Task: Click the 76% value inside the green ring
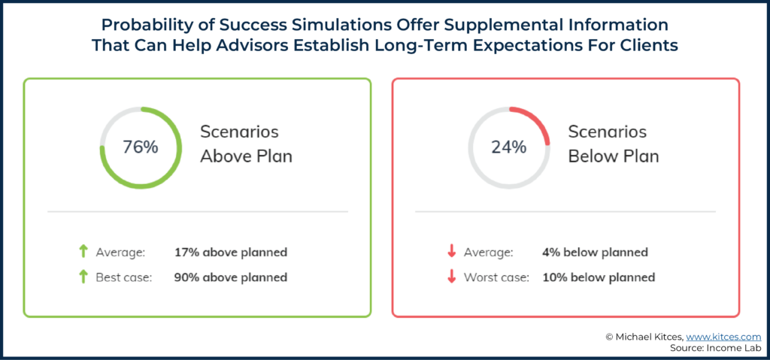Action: pos(141,147)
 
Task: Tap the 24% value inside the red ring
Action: pos(509,147)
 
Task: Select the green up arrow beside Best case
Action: pos(83,277)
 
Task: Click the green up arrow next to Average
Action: pos(83,253)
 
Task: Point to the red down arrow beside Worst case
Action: pos(451,277)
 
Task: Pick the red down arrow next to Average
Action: pos(451,253)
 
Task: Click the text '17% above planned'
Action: pos(231,253)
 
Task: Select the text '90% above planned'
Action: pos(231,277)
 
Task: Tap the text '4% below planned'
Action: pos(596,253)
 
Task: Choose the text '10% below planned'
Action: pos(599,277)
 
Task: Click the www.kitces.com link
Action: pos(723,337)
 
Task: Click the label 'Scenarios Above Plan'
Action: pos(246,144)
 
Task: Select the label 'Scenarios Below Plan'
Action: pos(614,144)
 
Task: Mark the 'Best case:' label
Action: pos(124,277)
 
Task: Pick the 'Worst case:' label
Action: pos(496,277)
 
